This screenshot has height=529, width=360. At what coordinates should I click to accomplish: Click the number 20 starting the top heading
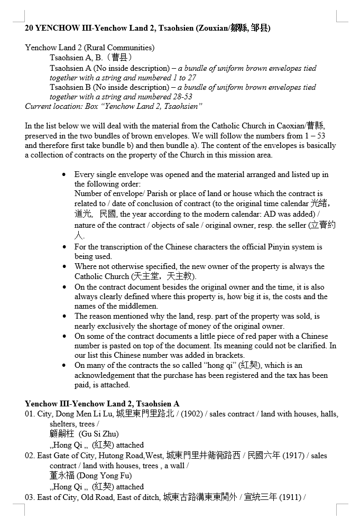[30, 29]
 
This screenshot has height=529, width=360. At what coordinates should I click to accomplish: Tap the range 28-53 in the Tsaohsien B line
[181, 97]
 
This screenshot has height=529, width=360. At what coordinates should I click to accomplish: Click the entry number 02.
[30, 456]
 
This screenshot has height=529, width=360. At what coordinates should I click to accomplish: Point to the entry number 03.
[30, 497]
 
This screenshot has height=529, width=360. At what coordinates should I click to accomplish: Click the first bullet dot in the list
[64, 174]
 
